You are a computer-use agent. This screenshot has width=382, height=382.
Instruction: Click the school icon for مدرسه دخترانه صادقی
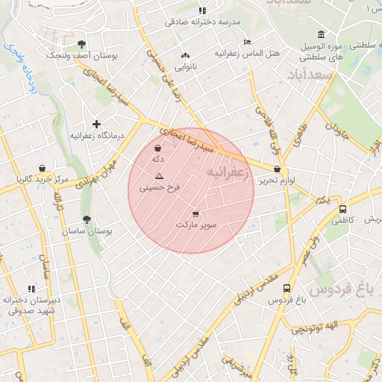(202, 11)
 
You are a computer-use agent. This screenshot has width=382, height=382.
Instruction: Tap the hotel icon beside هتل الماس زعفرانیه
(247, 42)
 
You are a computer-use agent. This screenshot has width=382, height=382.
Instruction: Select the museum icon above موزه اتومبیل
(321, 34)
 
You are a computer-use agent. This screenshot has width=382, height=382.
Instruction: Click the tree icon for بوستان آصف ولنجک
(81, 44)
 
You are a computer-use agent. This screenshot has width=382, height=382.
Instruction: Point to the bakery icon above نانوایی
(185, 55)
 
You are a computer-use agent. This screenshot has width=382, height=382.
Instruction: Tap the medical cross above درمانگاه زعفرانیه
(96, 124)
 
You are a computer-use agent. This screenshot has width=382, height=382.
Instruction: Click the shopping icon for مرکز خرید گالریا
(42, 168)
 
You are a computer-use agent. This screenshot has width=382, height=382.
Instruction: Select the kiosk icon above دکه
(157, 148)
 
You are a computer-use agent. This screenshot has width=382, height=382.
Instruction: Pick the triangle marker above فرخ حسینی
(159, 176)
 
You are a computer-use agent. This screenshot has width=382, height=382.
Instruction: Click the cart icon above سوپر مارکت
(195, 213)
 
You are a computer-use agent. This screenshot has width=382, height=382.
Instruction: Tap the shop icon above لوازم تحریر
(278, 169)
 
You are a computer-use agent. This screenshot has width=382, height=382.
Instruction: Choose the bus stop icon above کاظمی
(342, 210)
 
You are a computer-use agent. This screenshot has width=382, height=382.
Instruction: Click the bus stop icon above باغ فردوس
(287, 289)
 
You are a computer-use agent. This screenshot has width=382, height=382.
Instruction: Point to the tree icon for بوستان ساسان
(87, 220)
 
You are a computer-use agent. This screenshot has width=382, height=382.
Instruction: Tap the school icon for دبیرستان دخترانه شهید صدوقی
(31, 289)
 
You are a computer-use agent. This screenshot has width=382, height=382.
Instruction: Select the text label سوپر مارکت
(196, 225)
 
